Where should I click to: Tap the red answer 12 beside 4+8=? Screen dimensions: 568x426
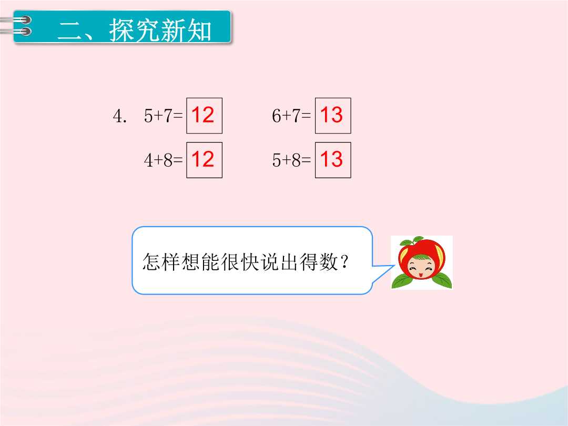click(x=203, y=159)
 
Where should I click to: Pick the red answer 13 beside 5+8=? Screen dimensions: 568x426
click(x=331, y=159)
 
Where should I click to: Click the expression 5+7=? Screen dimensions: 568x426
click(x=164, y=116)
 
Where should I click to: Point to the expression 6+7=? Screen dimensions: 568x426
click(x=291, y=116)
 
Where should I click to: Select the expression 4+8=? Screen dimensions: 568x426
click(x=164, y=160)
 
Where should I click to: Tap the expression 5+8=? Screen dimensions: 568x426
click(x=291, y=160)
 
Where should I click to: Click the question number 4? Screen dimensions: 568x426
click(x=119, y=116)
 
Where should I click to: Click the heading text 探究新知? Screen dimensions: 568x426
click(x=160, y=30)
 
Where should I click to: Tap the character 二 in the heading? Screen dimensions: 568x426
click(x=70, y=31)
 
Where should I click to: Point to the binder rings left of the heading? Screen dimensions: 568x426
click(x=16, y=26)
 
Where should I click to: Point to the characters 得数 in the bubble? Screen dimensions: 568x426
click(x=319, y=261)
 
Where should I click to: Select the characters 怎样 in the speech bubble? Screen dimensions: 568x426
click(x=161, y=261)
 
